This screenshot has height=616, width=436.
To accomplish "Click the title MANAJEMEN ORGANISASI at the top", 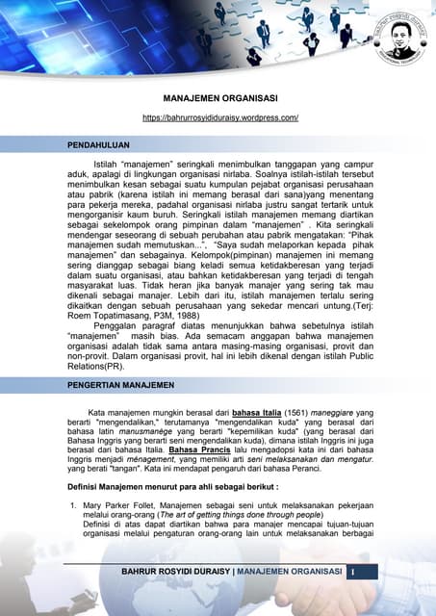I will [x=220, y=97].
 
